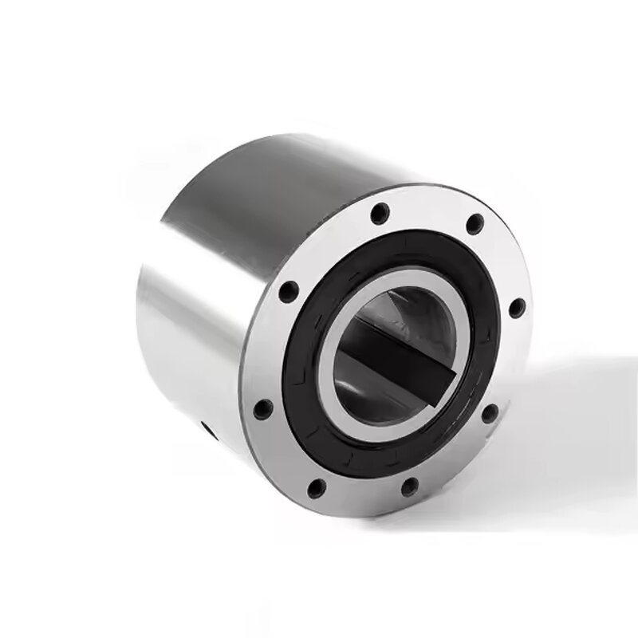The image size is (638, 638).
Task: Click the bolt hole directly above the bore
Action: (381, 213)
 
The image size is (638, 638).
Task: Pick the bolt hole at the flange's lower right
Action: (490, 413)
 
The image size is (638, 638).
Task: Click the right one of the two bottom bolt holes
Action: (409, 482)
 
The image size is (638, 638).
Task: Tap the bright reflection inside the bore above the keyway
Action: (415, 307)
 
